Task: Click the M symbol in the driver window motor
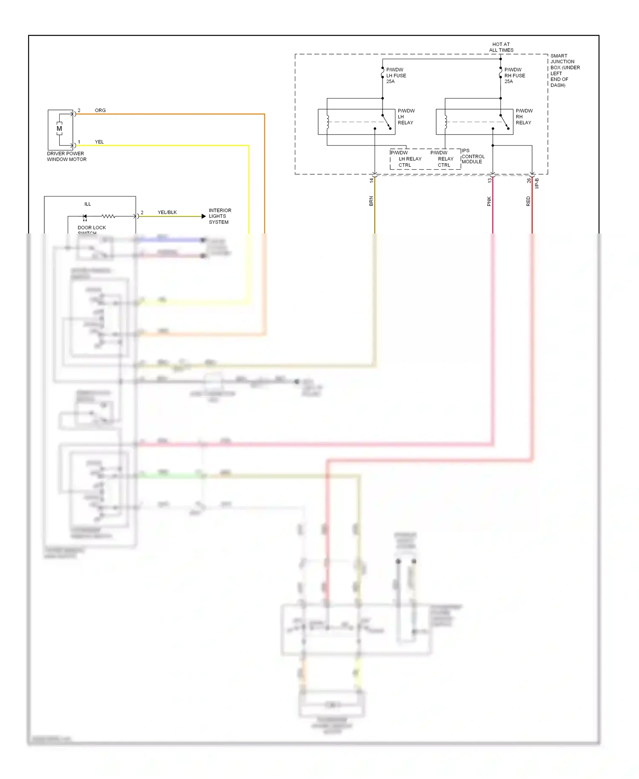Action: point(59,128)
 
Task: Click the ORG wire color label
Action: point(100,110)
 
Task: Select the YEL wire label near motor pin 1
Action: point(99,142)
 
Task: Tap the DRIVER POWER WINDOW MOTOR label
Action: point(66,156)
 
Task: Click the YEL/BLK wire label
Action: point(167,212)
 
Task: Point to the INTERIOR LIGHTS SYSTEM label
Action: point(220,216)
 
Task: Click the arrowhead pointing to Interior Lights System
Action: point(204,216)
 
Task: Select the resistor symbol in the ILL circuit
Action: point(108,216)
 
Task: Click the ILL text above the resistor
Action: point(87,204)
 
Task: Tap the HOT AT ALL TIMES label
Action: point(501,47)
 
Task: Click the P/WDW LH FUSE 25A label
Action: point(396,75)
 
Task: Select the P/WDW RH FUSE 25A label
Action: point(514,75)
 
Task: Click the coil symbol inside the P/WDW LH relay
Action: point(328,122)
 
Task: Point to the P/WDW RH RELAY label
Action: point(524,117)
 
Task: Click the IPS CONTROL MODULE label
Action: point(472,156)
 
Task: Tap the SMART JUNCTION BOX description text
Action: point(564,70)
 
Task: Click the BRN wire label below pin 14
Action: point(371,201)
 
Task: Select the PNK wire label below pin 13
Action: point(489,201)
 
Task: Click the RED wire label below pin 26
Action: point(528,201)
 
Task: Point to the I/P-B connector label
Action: point(537,184)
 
